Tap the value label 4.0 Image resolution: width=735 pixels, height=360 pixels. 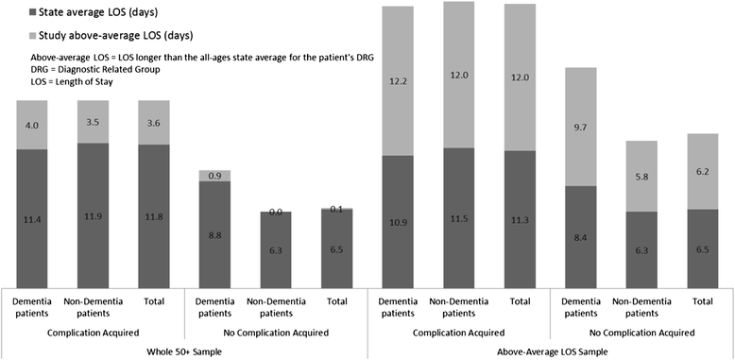(x=31, y=124)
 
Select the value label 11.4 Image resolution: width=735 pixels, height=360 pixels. (x=31, y=217)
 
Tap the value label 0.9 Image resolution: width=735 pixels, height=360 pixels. (x=214, y=176)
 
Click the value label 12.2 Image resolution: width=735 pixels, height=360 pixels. (x=397, y=80)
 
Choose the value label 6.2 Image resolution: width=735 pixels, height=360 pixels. (x=702, y=171)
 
